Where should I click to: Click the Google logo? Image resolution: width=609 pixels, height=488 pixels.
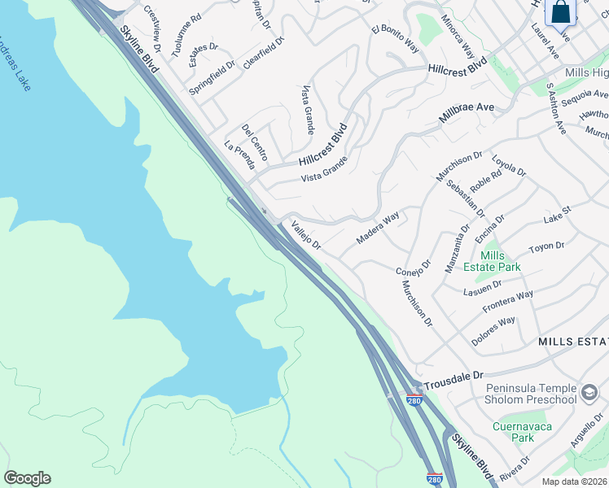(x=27, y=478)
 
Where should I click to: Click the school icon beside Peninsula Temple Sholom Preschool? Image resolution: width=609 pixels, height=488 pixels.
(x=589, y=394)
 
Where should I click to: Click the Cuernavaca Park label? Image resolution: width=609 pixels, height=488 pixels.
(x=514, y=431)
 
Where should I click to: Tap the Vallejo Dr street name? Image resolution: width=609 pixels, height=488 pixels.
(x=306, y=237)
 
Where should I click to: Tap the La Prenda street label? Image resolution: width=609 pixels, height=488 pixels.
(x=239, y=155)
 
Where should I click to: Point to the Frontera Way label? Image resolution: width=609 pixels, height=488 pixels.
(x=507, y=301)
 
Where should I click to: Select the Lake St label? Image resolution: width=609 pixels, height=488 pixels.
(x=558, y=215)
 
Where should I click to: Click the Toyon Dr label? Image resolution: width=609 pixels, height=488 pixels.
(x=546, y=246)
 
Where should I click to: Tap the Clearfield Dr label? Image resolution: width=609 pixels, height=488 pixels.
(x=263, y=53)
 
